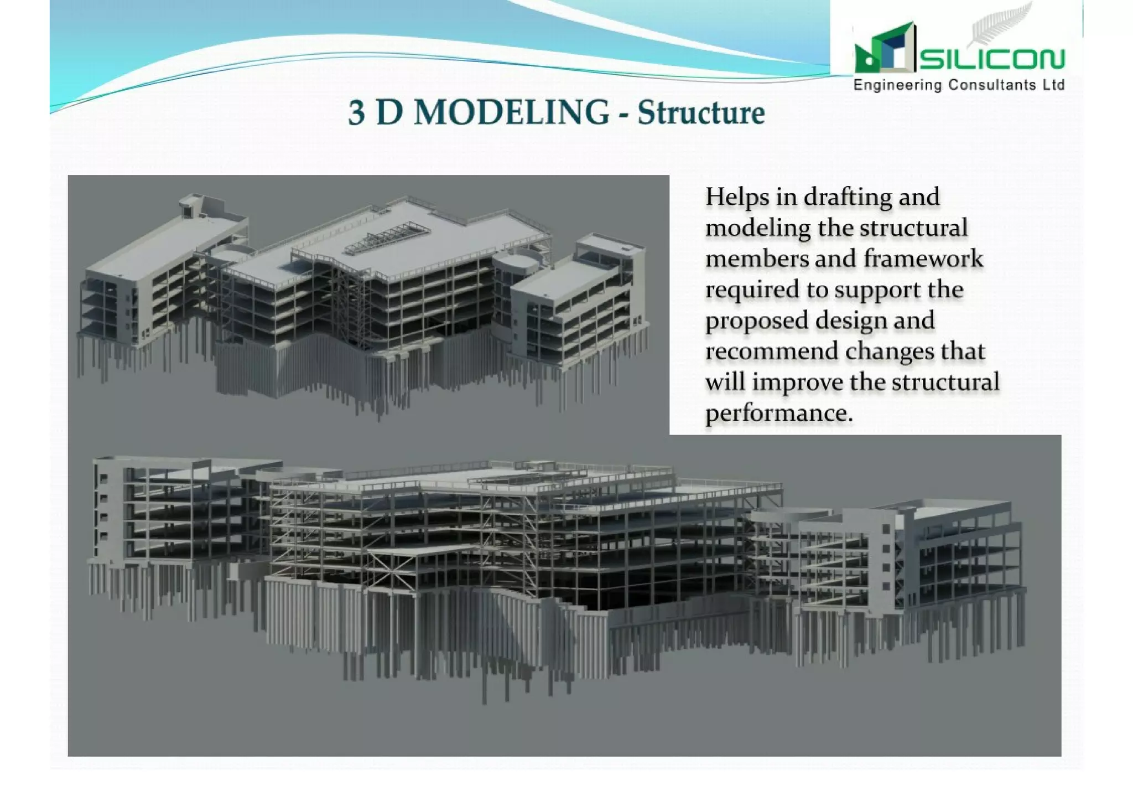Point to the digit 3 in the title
(x=357, y=113)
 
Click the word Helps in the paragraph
(x=737, y=198)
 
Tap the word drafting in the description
(x=848, y=198)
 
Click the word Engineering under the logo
(x=897, y=86)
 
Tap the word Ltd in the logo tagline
(x=1054, y=85)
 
